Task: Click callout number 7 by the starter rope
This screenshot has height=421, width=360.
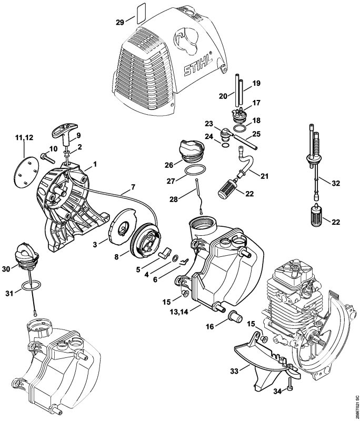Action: pyautogui.click(x=133, y=187)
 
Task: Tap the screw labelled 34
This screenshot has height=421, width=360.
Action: pyautogui.click(x=290, y=389)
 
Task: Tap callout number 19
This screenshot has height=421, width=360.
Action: pyautogui.click(x=256, y=83)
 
